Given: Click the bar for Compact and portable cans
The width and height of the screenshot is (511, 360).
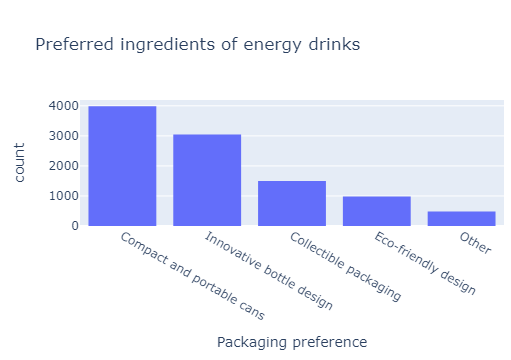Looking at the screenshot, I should tap(122, 166).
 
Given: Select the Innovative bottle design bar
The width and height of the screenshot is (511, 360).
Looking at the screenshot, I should tap(207, 180).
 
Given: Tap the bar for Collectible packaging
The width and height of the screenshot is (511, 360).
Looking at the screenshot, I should tap(292, 203).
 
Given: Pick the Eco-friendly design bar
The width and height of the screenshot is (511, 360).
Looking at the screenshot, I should tap(377, 211).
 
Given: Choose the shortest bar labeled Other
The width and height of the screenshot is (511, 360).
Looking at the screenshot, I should tap(461, 218).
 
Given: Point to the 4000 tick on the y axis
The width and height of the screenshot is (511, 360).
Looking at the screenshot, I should tap(65, 106).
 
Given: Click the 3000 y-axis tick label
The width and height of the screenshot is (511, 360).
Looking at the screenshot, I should tap(65, 136).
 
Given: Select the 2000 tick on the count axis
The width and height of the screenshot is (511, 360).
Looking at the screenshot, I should tap(65, 166).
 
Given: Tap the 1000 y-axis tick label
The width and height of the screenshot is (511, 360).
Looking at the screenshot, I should tap(65, 196).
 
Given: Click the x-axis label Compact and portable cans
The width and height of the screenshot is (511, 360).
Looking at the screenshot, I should tap(192, 276).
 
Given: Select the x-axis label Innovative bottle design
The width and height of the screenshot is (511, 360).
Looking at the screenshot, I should tap(268, 271).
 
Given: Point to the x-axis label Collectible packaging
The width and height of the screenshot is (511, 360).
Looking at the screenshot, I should tap(345, 267).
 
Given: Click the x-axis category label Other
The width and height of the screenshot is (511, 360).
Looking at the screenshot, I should tap(476, 243).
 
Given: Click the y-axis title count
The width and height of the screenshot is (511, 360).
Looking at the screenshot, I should tap(20, 165).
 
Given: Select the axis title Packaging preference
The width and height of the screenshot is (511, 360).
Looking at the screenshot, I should tap(292, 342).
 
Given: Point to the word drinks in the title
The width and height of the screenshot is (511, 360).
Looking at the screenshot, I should tap(333, 45).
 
